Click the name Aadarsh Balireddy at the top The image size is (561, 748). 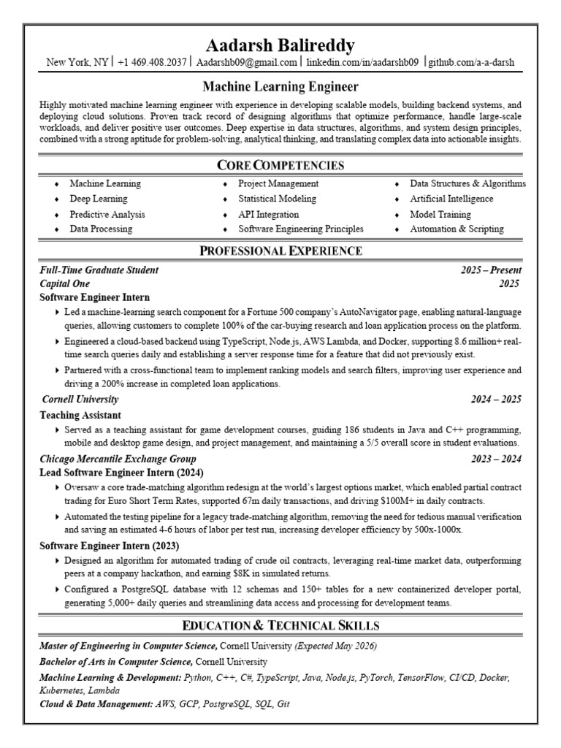pyautogui.click(x=280, y=46)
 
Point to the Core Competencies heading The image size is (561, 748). pyautogui.click(x=280, y=165)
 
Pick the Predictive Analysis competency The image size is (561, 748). pyautogui.click(x=107, y=214)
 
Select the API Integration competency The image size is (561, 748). pyautogui.click(x=268, y=214)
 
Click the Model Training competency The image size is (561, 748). pyautogui.click(x=440, y=214)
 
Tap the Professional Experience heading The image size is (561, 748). pyautogui.click(x=280, y=251)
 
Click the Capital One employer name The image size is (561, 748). pyautogui.click(x=65, y=283)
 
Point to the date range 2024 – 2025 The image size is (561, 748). pyautogui.click(x=496, y=400)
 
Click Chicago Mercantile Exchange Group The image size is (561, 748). pyautogui.click(x=118, y=459)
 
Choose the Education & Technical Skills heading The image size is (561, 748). pyautogui.click(x=280, y=625)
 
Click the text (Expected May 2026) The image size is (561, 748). pyautogui.click(x=336, y=646)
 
